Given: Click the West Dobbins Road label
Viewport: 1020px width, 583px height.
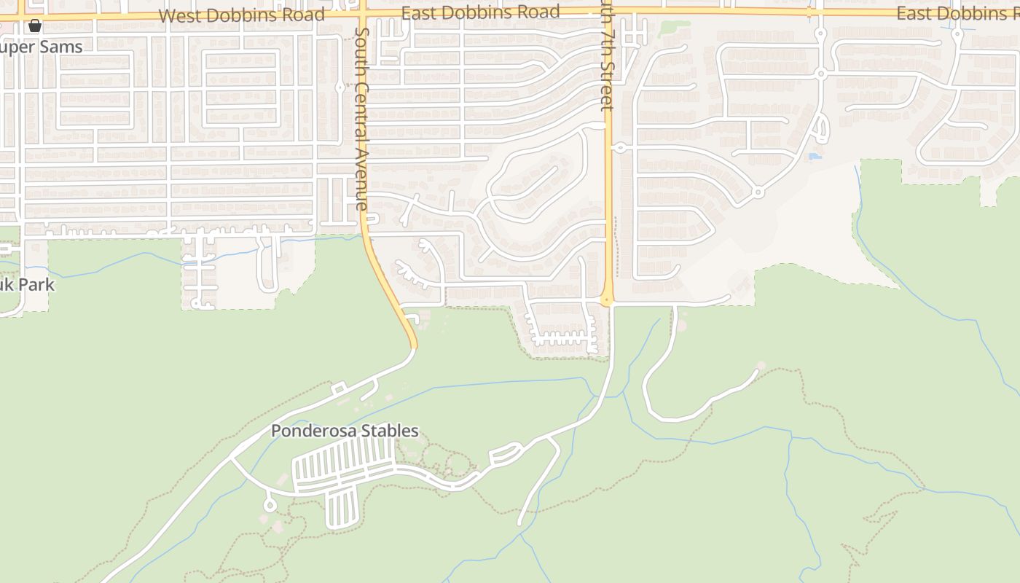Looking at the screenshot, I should [241, 15].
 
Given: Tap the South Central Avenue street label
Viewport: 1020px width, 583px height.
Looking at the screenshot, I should [362, 119].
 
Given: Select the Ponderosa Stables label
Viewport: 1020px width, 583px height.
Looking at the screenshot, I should [345, 431].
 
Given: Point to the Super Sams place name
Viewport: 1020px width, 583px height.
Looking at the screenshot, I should [42, 47].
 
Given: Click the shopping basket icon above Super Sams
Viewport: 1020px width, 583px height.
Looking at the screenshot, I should [34, 26].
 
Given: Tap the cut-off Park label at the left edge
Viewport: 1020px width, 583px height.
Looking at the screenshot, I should [27, 284].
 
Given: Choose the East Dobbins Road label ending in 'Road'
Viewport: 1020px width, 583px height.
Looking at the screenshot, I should [480, 12].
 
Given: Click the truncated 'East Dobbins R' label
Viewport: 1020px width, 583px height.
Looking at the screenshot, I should [957, 13].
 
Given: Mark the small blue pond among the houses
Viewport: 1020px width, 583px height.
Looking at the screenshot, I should [815, 156].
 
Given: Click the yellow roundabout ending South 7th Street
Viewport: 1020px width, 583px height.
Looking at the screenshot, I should [607, 300].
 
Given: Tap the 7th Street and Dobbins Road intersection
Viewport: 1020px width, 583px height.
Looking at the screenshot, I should [607, 12].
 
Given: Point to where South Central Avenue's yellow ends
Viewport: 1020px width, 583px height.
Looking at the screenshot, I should [412, 346].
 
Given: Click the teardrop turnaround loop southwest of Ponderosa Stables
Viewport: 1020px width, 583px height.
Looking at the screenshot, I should [269, 504].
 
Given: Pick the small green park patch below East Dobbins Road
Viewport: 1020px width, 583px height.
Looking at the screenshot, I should [673, 29].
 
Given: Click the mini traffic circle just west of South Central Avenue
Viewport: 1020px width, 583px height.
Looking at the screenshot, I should [340, 87].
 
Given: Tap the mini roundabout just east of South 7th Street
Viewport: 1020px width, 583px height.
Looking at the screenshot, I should [620, 148].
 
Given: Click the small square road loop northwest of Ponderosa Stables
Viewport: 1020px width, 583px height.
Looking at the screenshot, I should [338, 389].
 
